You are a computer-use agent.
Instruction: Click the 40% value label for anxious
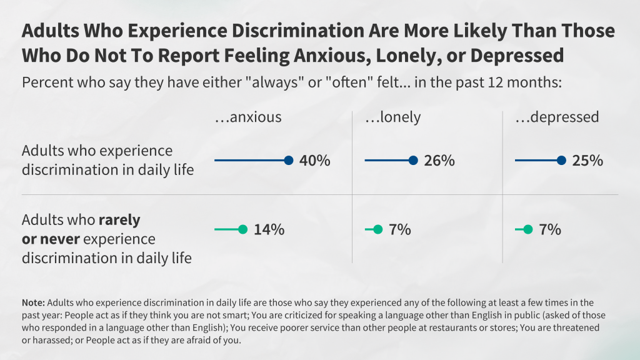314,161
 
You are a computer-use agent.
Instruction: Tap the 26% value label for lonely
439,161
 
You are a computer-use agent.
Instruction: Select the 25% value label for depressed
587,161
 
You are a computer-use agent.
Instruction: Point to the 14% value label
269,230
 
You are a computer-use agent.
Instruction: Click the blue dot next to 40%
288,161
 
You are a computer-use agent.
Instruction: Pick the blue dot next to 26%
413,161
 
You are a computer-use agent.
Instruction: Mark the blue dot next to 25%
561,161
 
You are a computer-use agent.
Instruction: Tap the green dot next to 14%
242,230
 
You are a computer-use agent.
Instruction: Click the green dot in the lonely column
377,230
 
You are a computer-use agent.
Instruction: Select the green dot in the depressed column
527,230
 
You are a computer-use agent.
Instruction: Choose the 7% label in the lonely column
400,230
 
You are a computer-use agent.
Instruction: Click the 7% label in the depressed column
550,230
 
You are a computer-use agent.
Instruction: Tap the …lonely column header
392,117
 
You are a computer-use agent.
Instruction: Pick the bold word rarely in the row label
119,221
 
